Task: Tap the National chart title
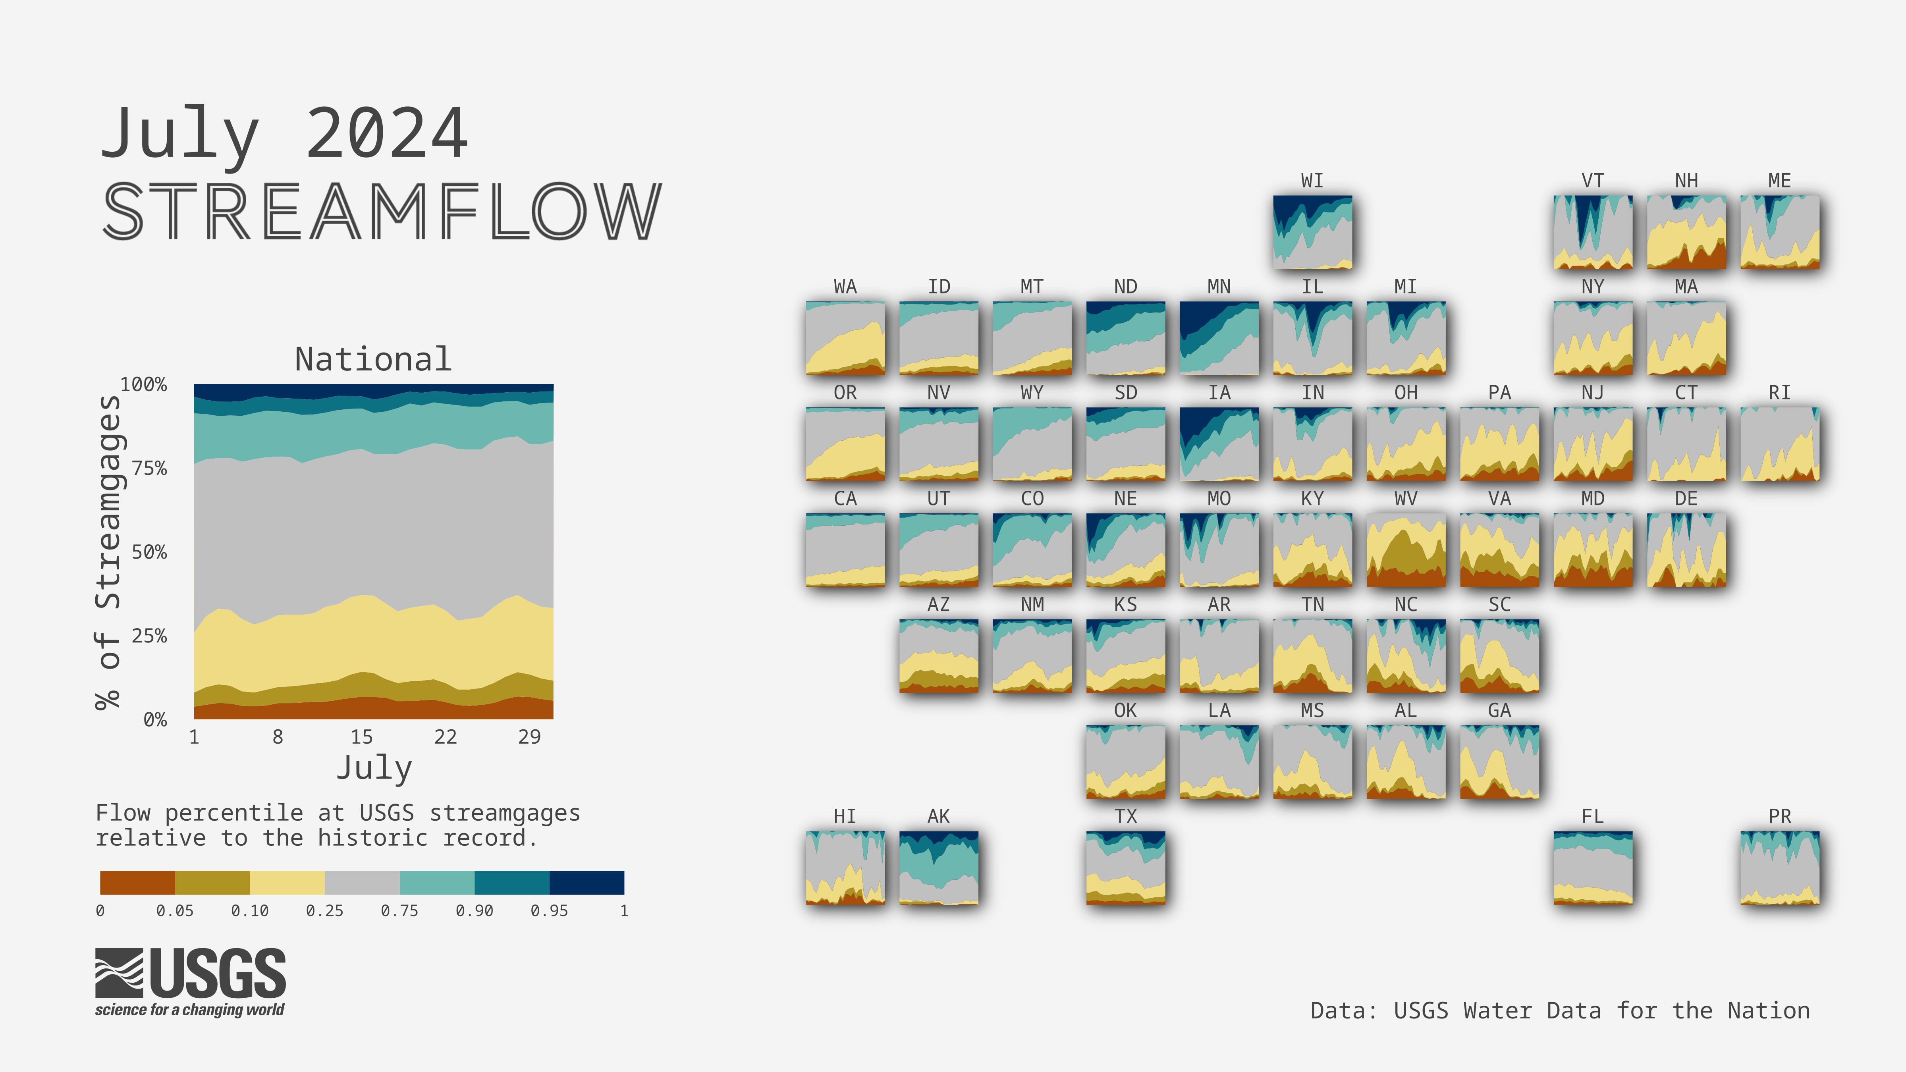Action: [x=373, y=360]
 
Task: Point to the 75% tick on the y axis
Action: [x=149, y=469]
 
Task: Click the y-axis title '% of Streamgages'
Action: [x=108, y=552]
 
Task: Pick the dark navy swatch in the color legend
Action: [x=587, y=883]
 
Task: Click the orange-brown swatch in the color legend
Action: [x=138, y=883]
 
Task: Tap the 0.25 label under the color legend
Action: [x=325, y=911]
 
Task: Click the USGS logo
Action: [x=190, y=982]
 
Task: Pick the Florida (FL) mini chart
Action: [x=1593, y=868]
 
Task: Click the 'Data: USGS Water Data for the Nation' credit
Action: [x=1560, y=1010]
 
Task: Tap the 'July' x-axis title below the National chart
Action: [x=374, y=768]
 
